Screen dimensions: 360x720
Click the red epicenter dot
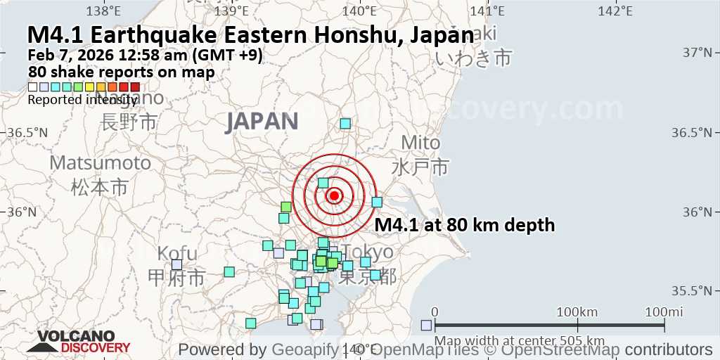pyautogui.click(x=334, y=195)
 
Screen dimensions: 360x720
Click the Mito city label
pyautogui.click(x=420, y=143)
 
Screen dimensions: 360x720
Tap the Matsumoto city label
pyautogui.click(x=100, y=163)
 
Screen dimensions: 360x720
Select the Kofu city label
pyautogui.click(x=172, y=253)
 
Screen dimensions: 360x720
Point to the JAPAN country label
pyautogui.click(x=262, y=121)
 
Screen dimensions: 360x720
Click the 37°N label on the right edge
pyautogui.click(x=697, y=53)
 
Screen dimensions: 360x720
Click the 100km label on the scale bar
pyautogui.click(x=577, y=311)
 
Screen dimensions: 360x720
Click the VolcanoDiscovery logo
pyautogui.click(x=77, y=342)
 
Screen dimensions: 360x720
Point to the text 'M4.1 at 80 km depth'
pyautogui.click(x=465, y=225)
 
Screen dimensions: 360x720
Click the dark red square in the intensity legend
pyautogui.click(x=135, y=87)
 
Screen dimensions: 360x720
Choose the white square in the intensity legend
pyautogui.click(x=32, y=87)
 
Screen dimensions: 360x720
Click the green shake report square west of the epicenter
pyautogui.click(x=285, y=207)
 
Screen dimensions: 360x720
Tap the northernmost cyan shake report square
pyautogui.click(x=345, y=124)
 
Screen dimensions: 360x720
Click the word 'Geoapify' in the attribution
pyautogui.click(x=300, y=349)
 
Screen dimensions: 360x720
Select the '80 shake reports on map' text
pyautogui.click(x=121, y=72)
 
